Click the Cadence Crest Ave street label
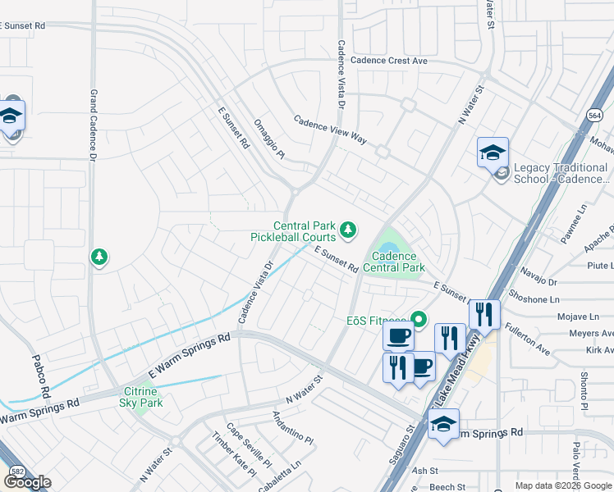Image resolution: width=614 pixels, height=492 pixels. pyautogui.click(x=389, y=61)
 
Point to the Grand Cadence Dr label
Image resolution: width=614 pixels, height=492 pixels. pyautogui.click(x=94, y=125)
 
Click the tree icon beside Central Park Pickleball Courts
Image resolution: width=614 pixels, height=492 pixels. pyautogui.click(x=348, y=229)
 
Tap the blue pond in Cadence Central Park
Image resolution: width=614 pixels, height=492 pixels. pyautogui.click(x=387, y=247)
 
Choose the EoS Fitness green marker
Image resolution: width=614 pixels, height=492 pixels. pyautogui.click(x=419, y=319)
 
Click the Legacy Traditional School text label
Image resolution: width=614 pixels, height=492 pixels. pyautogui.click(x=561, y=173)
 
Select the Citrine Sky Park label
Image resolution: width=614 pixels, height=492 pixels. pyautogui.click(x=141, y=397)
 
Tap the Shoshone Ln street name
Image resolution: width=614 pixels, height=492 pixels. pyautogui.click(x=536, y=299)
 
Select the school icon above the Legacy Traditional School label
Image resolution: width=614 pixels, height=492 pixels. pyautogui.click(x=493, y=153)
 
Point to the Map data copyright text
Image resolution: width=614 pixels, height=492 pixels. pyautogui.click(x=562, y=485)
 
